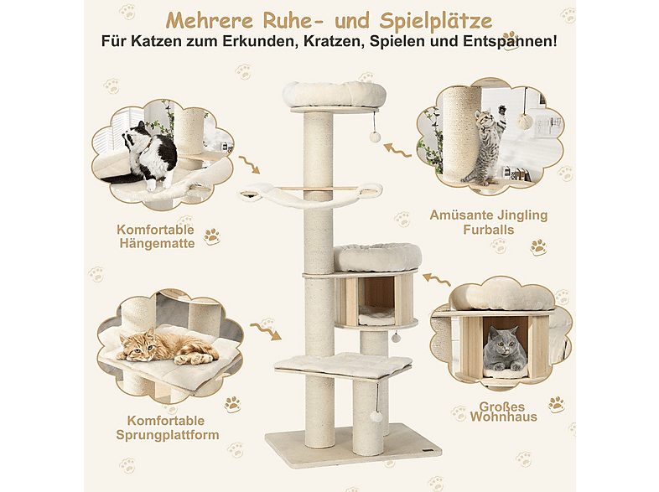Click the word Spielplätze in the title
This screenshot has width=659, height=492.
435,21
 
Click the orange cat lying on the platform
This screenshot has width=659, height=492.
168,347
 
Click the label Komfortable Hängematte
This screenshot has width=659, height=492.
156,236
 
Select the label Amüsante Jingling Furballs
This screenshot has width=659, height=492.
489,222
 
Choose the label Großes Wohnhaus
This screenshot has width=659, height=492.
503,412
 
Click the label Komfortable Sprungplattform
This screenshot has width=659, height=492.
168,427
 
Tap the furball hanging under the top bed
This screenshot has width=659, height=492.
375,137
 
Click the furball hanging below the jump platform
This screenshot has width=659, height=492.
376,417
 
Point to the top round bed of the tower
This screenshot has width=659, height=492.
335,94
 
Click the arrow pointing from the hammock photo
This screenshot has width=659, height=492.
249,164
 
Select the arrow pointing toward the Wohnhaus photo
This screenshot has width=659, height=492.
437,278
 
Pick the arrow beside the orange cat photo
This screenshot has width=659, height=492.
265,331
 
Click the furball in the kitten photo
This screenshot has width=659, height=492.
525,122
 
